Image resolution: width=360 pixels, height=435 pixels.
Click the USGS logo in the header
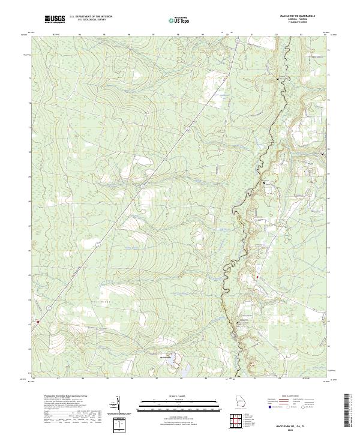55,19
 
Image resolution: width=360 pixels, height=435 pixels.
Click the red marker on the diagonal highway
38,322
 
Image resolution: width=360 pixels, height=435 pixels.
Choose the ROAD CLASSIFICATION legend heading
290,397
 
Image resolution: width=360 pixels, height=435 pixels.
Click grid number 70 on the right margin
328,148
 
